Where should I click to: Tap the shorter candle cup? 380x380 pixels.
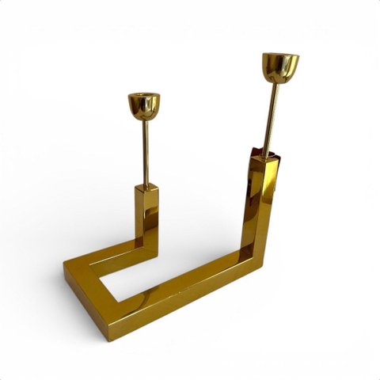coord(143,105)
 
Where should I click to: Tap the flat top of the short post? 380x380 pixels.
coord(146,188)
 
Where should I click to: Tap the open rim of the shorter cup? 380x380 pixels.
coord(143,97)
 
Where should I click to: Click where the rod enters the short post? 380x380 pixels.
coord(146,185)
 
